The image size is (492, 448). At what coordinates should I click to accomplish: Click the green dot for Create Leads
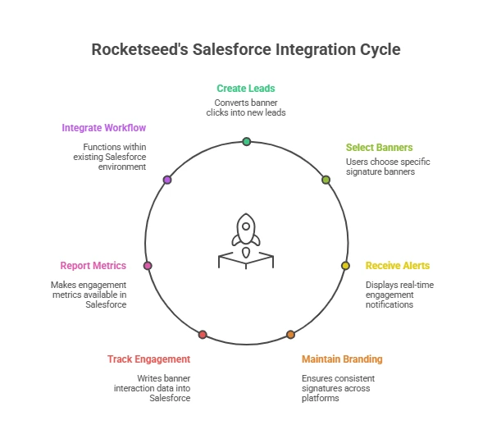coord(246,142)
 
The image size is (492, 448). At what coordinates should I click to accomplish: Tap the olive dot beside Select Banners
coord(326,179)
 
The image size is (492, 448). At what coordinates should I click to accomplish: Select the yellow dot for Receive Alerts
coord(345,266)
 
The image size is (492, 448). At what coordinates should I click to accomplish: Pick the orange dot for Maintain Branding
coord(290,335)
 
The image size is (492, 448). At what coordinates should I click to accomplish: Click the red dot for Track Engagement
coord(203,335)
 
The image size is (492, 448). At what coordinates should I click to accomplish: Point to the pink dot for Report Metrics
coord(148,266)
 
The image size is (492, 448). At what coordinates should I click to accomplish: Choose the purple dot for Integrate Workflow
coord(167,179)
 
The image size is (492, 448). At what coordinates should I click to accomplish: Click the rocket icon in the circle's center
coord(245,231)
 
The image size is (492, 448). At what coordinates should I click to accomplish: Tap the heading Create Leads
coord(246,88)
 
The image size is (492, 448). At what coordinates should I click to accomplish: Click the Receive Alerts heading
coord(398,265)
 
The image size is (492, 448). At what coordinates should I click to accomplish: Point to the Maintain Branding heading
coord(342,359)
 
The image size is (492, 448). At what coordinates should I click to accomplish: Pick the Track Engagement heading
coord(148,359)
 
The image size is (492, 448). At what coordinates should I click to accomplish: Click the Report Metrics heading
coord(93,265)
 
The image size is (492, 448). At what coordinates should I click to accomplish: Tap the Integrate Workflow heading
coord(104,128)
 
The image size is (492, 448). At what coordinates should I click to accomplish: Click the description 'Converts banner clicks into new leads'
coord(246,107)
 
